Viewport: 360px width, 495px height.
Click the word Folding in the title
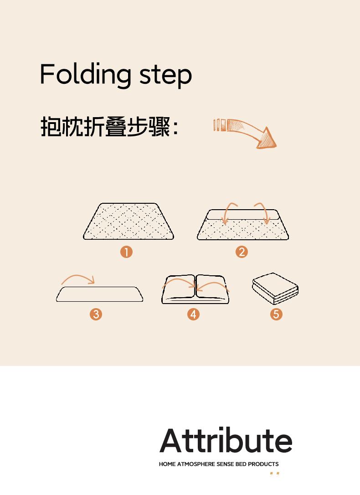(x=86, y=75)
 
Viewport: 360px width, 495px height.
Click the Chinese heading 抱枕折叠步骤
(x=106, y=127)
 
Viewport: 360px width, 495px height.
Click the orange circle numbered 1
(x=126, y=252)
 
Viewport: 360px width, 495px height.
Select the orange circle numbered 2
(x=242, y=252)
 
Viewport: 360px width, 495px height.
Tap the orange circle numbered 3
(x=96, y=314)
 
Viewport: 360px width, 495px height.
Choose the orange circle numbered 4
(x=193, y=314)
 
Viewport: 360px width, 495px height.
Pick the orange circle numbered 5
(x=276, y=314)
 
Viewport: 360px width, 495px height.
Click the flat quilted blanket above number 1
(x=129, y=222)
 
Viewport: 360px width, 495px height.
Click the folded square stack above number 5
(x=275, y=289)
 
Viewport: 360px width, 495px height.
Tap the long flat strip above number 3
(x=100, y=294)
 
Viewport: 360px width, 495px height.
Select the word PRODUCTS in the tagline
(x=263, y=464)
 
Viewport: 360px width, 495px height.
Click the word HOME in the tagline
(x=167, y=464)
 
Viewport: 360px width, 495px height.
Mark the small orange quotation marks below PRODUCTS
(x=274, y=474)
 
